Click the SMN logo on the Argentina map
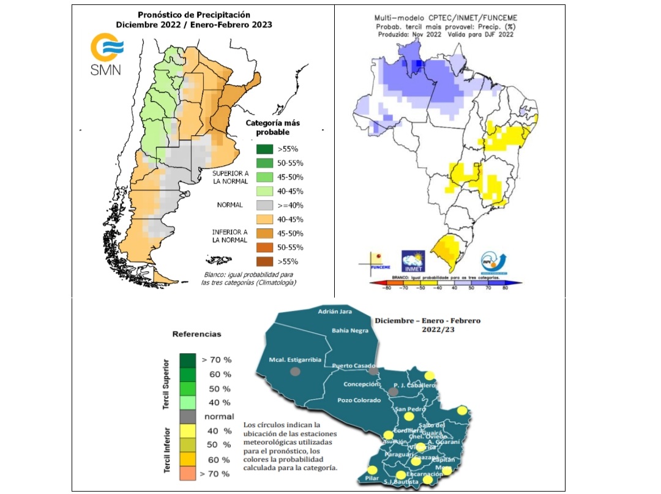(106, 56)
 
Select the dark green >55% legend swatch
(265, 149)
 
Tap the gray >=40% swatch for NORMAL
(265, 205)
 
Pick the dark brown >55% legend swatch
(265, 261)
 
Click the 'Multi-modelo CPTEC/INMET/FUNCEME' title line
(444, 19)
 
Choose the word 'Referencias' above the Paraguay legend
(196, 334)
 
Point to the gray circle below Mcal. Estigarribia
(296, 371)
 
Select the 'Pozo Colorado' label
(359, 400)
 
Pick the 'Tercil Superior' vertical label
(166, 380)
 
